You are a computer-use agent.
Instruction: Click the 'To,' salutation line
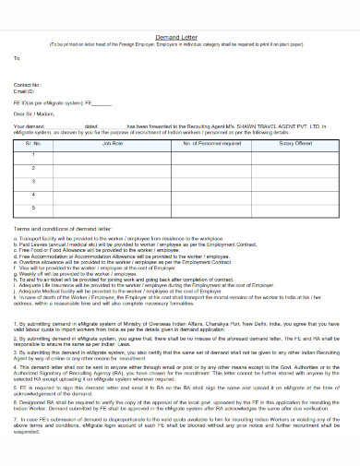coord(18,57)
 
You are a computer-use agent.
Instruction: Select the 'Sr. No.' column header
coord(35,143)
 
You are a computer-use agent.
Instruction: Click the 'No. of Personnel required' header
coord(211,143)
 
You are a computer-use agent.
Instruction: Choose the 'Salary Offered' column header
coord(296,143)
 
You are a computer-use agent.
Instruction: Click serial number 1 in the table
coord(34,156)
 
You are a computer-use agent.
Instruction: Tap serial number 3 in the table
coord(34,182)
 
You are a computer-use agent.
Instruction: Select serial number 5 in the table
coord(34,208)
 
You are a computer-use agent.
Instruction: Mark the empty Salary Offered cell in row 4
coord(296,195)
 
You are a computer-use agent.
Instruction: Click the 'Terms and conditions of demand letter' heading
coord(65,227)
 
